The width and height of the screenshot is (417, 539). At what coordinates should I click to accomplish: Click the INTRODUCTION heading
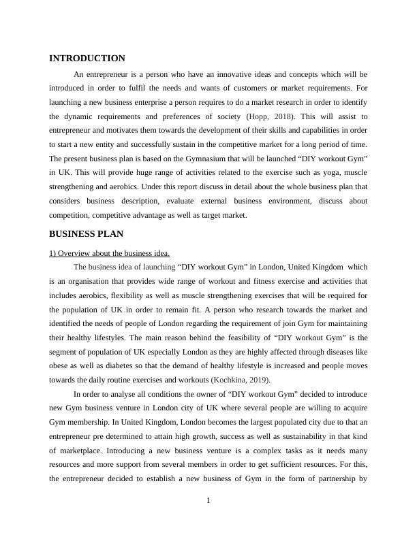tap(87, 59)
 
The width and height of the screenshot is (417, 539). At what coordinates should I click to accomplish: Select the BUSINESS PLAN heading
tap(87, 233)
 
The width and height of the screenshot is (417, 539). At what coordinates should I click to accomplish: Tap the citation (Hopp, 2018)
tap(271, 116)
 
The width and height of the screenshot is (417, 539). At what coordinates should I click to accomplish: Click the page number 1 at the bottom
tap(208, 502)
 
